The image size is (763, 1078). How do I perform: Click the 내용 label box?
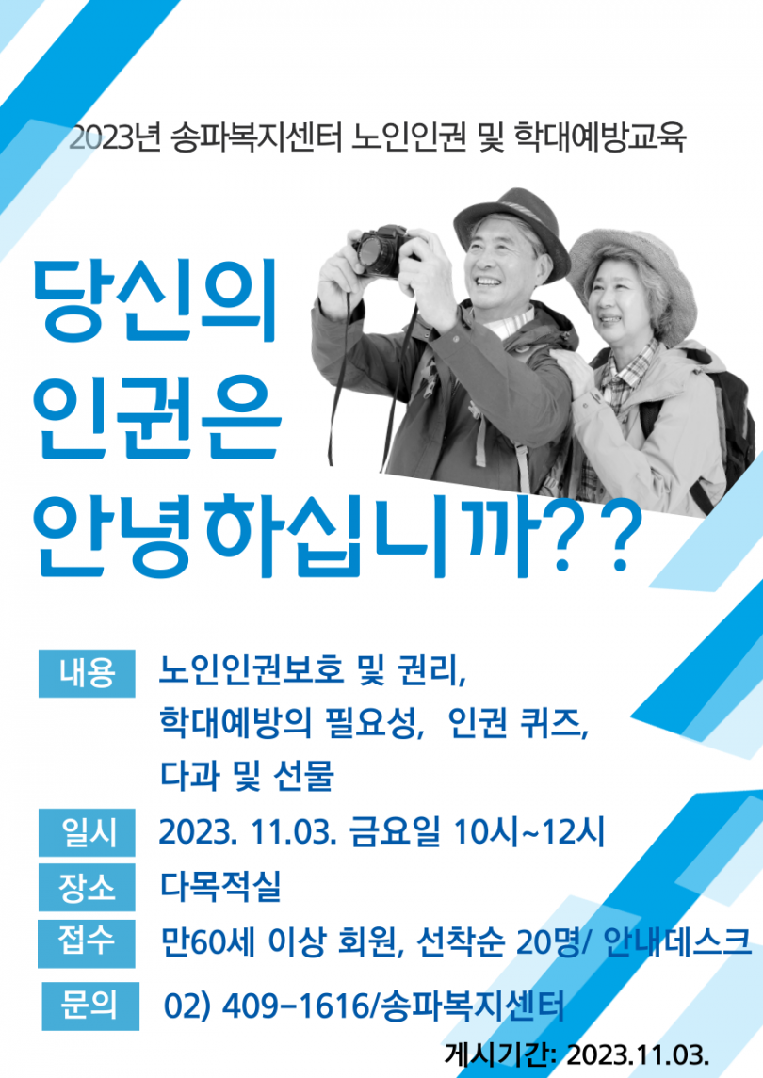87,673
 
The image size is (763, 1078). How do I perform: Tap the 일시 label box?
87,832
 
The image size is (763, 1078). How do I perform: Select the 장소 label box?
87,888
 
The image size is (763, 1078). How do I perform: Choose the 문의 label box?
90,1006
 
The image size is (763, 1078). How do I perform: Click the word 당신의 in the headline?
154,301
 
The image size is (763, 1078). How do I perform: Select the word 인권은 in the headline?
157,417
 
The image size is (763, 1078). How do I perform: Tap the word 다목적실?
220,886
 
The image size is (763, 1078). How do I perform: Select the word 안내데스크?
677,941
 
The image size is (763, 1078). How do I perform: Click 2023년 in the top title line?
114,138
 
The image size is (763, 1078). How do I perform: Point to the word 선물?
304,776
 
